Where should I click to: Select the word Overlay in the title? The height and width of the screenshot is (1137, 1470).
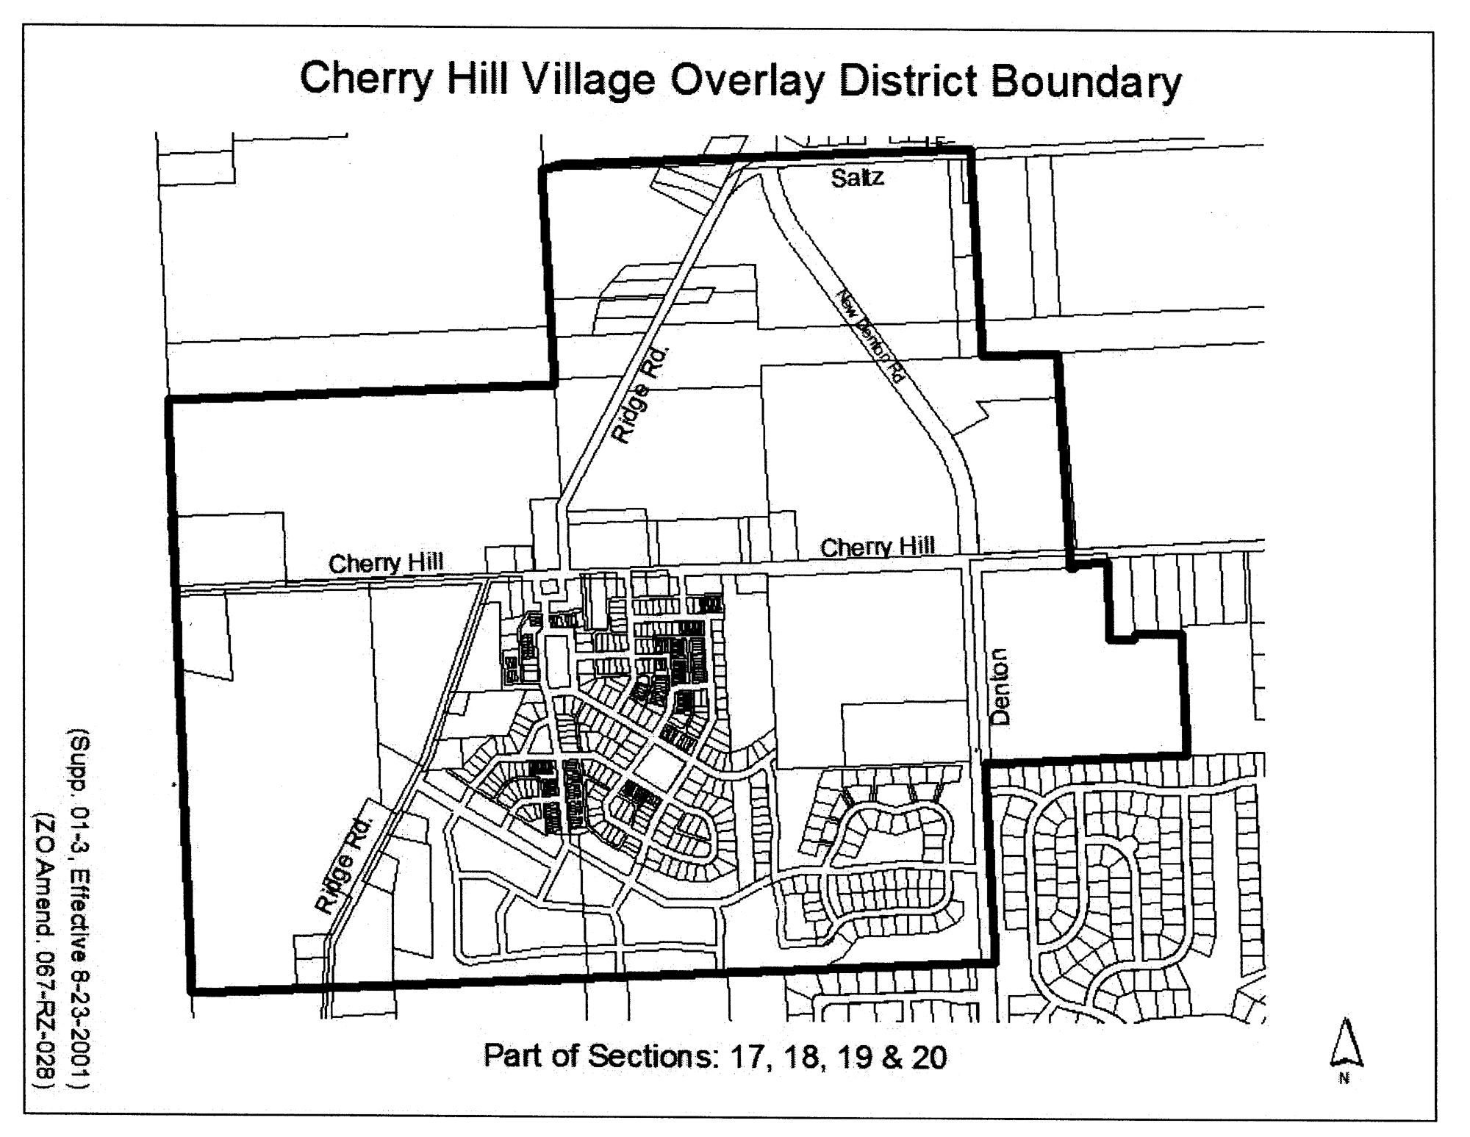click(x=747, y=81)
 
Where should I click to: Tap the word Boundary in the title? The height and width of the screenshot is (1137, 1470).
click(x=1086, y=82)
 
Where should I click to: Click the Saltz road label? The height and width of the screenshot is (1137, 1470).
click(x=857, y=178)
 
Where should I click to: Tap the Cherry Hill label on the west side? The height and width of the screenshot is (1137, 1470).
click(x=386, y=563)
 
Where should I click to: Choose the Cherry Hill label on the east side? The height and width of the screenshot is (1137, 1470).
click(x=878, y=547)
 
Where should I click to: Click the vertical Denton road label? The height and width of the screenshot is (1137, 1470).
click(x=1000, y=686)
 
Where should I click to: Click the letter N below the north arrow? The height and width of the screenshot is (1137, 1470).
click(x=1344, y=1078)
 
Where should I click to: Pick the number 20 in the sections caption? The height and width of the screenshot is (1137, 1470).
click(x=930, y=1058)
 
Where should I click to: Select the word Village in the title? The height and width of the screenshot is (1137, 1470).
click(x=588, y=80)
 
